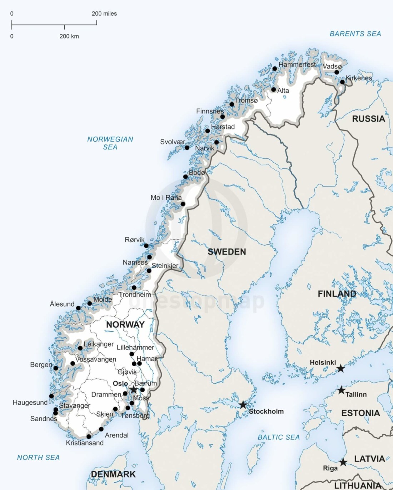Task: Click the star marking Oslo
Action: pyautogui.click(x=134, y=389)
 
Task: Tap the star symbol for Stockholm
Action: pyautogui.click(x=243, y=405)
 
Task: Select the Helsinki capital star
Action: pyautogui.click(x=341, y=368)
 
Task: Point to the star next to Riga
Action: pyautogui.click(x=343, y=462)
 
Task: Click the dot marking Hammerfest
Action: pyautogui.click(x=275, y=68)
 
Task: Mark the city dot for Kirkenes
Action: pyautogui.click(x=342, y=82)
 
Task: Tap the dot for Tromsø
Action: pyautogui.click(x=232, y=104)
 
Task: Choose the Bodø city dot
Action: pyautogui.click(x=185, y=177)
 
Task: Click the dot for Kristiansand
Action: pyautogui.click(x=89, y=437)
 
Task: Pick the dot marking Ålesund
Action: pyautogui.click(x=78, y=308)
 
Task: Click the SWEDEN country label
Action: pyautogui.click(x=227, y=252)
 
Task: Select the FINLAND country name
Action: pyautogui.click(x=337, y=294)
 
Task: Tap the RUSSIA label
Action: pyautogui.click(x=368, y=119)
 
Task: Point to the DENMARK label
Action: pyautogui.click(x=113, y=474)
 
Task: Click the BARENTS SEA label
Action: pyautogui.click(x=355, y=34)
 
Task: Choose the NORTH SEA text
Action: pyautogui.click(x=38, y=458)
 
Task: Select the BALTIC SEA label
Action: pyautogui.click(x=279, y=437)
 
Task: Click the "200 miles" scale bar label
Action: pyautogui.click(x=104, y=14)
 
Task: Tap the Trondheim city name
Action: pyautogui.click(x=135, y=295)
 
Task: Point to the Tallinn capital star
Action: pyautogui.click(x=341, y=390)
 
